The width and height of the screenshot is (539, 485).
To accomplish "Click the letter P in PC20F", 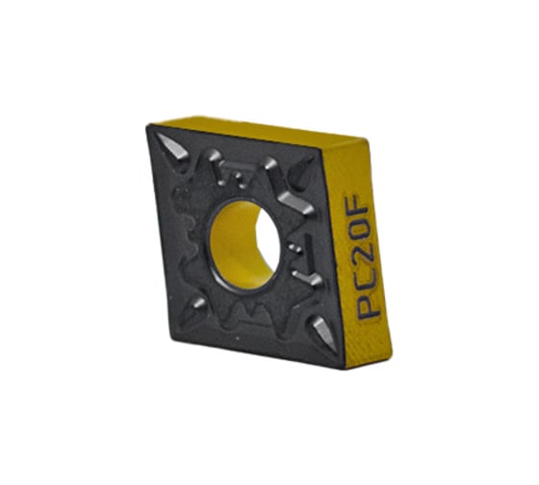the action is click(369, 307).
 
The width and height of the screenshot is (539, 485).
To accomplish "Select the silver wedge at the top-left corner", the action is click(173, 148).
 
